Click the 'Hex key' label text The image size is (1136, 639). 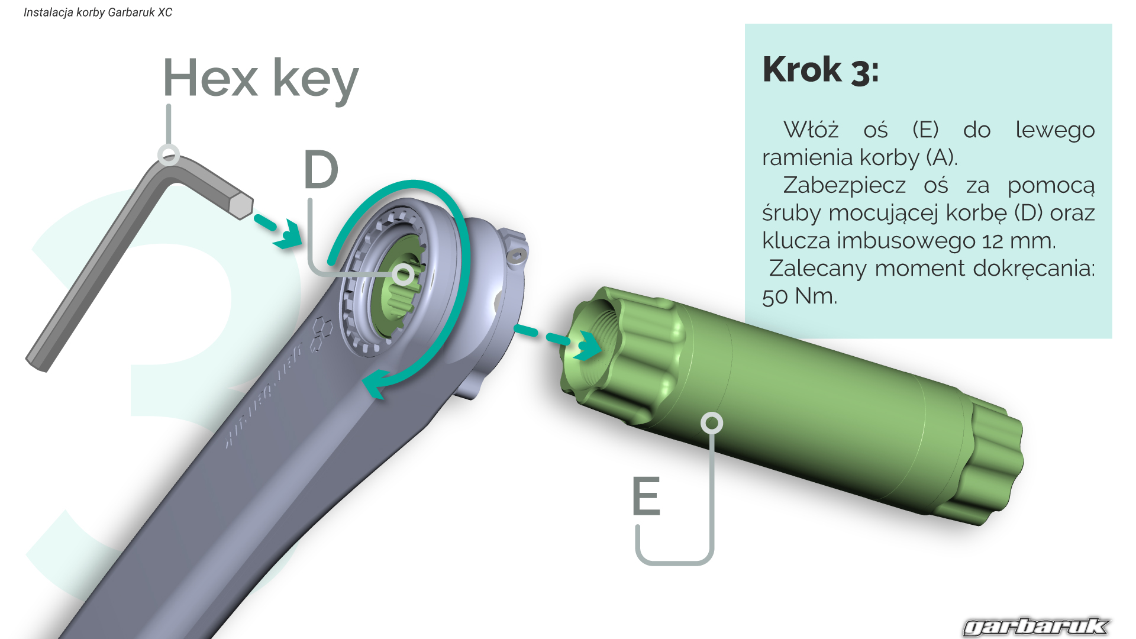tap(260, 79)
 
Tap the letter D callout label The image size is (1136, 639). tap(321, 170)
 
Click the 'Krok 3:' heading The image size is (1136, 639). tap(820, 70)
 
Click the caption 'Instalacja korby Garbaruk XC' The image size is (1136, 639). tap(98, 12)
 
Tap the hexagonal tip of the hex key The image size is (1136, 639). tap(241, 205)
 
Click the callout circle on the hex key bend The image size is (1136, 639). tap(169, 155)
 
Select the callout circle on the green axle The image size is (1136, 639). tap(711, 423)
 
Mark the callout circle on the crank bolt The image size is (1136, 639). tap(404, 274)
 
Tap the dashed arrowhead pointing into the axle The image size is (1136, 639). tap(588, 346)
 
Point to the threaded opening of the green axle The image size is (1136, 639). tap(586, 343)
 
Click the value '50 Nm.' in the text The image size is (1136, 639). tap(799, 296)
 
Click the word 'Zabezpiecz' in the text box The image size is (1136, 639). tap(844, 185)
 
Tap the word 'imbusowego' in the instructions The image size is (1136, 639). tap(905, 241)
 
